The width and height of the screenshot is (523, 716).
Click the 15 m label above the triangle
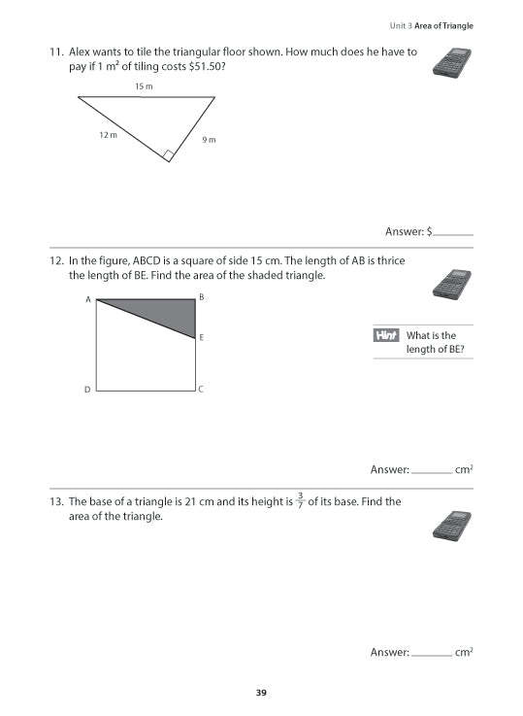tap(144, 86)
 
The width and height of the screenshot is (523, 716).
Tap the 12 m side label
tap(109, 135)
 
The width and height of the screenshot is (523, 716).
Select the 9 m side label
tap(209, 140)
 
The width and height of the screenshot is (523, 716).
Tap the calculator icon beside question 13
tap(449, 525)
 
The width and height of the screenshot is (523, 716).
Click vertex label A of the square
tap(88, 300)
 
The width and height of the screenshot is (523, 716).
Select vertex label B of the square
tap(201, 296)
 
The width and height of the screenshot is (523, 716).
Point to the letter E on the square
tap(202, 338)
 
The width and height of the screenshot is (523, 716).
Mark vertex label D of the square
tap(87, 391)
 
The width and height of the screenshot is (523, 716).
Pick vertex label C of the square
tap(201, 391)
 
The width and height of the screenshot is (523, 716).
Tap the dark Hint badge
tap(386, 336)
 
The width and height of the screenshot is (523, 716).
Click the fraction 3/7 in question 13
tap(300, 501)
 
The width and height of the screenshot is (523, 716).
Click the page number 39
tap(262, 692)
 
